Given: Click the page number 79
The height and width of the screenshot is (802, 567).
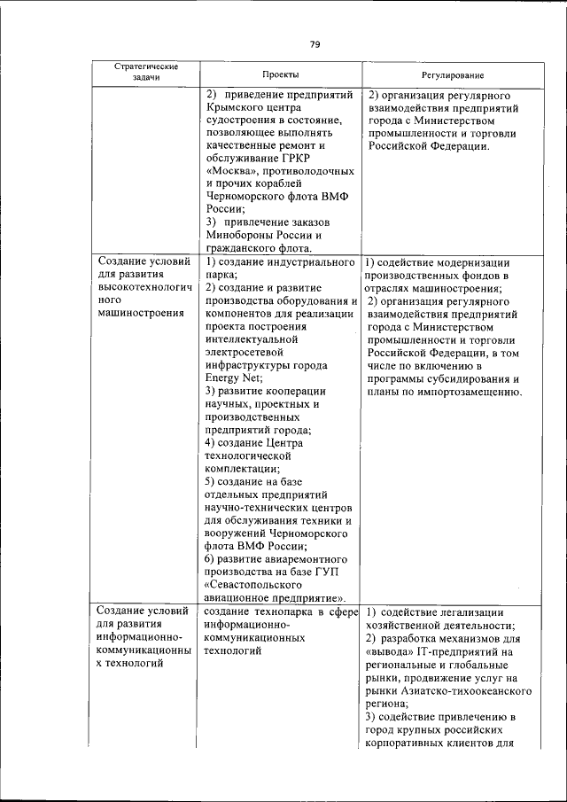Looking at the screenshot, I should pos(314,44).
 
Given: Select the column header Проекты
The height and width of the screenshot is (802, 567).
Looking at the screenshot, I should pos(280,75).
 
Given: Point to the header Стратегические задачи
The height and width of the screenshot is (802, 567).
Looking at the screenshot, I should pos(146,72).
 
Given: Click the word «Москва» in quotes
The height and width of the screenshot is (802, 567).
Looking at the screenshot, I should pos(234,170).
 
